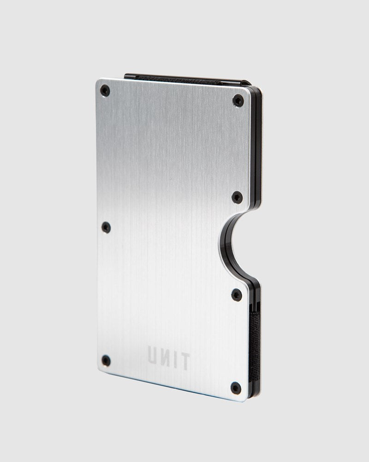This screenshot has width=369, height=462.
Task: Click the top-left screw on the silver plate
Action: click(x=105, y=90)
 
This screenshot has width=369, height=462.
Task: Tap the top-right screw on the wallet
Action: click(x=238, y=100)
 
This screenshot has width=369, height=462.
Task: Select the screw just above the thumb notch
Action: click(x=237, y=197)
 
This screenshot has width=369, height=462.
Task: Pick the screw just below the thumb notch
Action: click(x=237, y=294)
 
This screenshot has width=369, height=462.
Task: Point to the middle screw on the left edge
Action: click(x=106, y=227)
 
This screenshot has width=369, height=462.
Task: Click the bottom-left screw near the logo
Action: click(x=106, y=360)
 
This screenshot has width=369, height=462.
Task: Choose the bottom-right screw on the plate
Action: click(x=236, y=387)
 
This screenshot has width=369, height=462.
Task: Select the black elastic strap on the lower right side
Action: click(x=254, y=342)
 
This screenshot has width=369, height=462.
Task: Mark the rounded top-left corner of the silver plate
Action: click(x=99, y=82)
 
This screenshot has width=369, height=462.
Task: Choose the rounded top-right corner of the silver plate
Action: click(x=248, y=91)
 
